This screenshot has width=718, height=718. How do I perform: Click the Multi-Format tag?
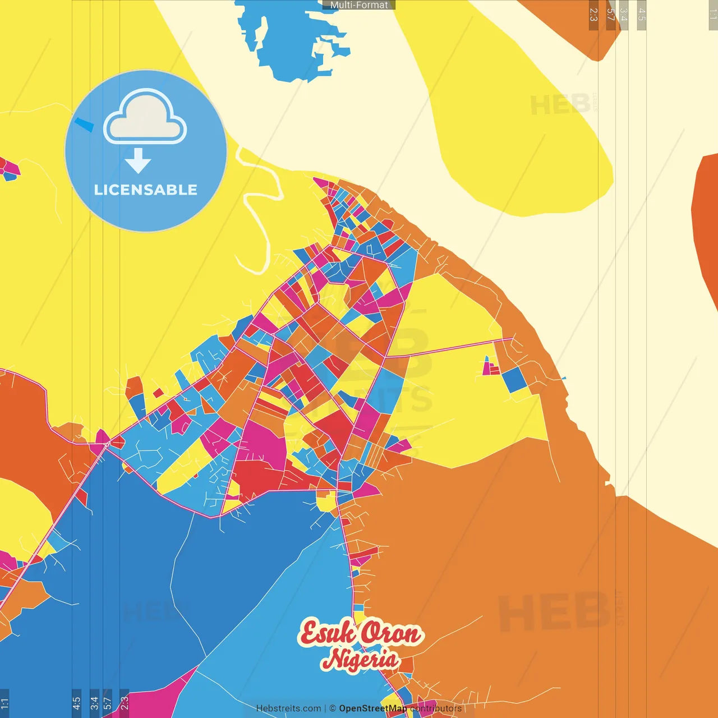[x=359, y=5]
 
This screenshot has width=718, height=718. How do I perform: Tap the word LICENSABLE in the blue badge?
[x=146, y=190]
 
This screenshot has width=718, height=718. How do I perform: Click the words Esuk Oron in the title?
[x=360, y=633]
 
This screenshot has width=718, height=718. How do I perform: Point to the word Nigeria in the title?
[x=361, y=659]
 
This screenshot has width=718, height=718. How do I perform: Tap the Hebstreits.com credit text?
[x=288, y=708]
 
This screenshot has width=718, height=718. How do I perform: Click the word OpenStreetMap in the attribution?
[x=373, y=708]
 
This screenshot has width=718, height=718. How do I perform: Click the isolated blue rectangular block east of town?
[x=514, y=380]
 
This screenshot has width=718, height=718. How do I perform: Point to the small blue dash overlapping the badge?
[x=85, y=125]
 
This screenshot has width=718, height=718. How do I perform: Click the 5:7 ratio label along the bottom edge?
[x=108, y=702]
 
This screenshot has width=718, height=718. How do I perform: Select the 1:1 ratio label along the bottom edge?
[x=4, y=702]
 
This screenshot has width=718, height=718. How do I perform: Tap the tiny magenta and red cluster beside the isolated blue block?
[x=490, y=367]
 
